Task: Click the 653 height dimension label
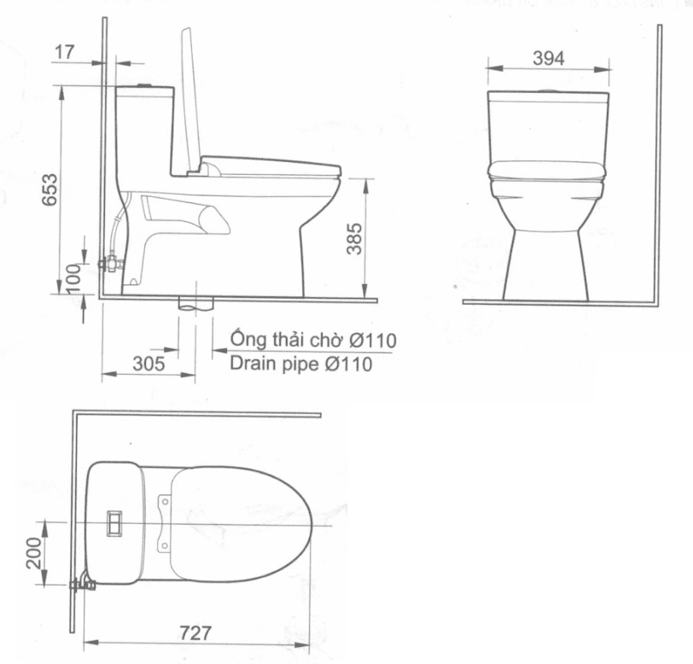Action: point(49,189)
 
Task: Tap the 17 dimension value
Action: point(65,52)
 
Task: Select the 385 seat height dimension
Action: point(354,239)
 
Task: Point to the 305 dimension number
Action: point(148,364)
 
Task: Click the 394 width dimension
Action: point(549,58)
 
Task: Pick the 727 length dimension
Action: point(195,632)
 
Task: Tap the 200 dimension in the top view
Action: point(34,552)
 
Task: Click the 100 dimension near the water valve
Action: point(73,278)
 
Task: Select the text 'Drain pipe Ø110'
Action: point(301,364)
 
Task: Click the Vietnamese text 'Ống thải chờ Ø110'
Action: point(313,339)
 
